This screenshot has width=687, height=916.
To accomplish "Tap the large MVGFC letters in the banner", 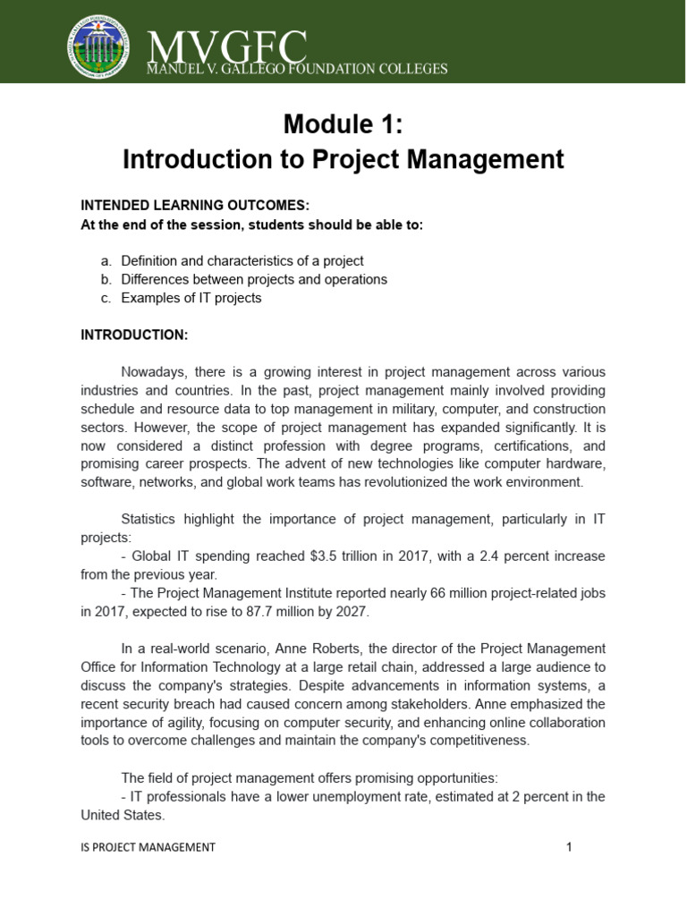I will point(227,45).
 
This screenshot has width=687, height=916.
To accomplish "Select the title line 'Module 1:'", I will point(343,124).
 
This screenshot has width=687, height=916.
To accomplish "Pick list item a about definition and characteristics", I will point(242,261).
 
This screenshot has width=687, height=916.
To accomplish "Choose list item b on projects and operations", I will point(254,279).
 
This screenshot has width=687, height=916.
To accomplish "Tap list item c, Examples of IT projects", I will point(191,298).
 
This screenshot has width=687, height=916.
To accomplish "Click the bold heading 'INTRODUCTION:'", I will point(134,335).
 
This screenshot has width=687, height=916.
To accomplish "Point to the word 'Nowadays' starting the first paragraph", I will point(150,371).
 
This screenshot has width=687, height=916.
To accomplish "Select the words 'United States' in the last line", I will point(123,814).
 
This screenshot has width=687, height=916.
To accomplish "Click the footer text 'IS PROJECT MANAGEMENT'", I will point(148,847).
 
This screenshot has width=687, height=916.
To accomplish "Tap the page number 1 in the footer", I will point(568,847).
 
